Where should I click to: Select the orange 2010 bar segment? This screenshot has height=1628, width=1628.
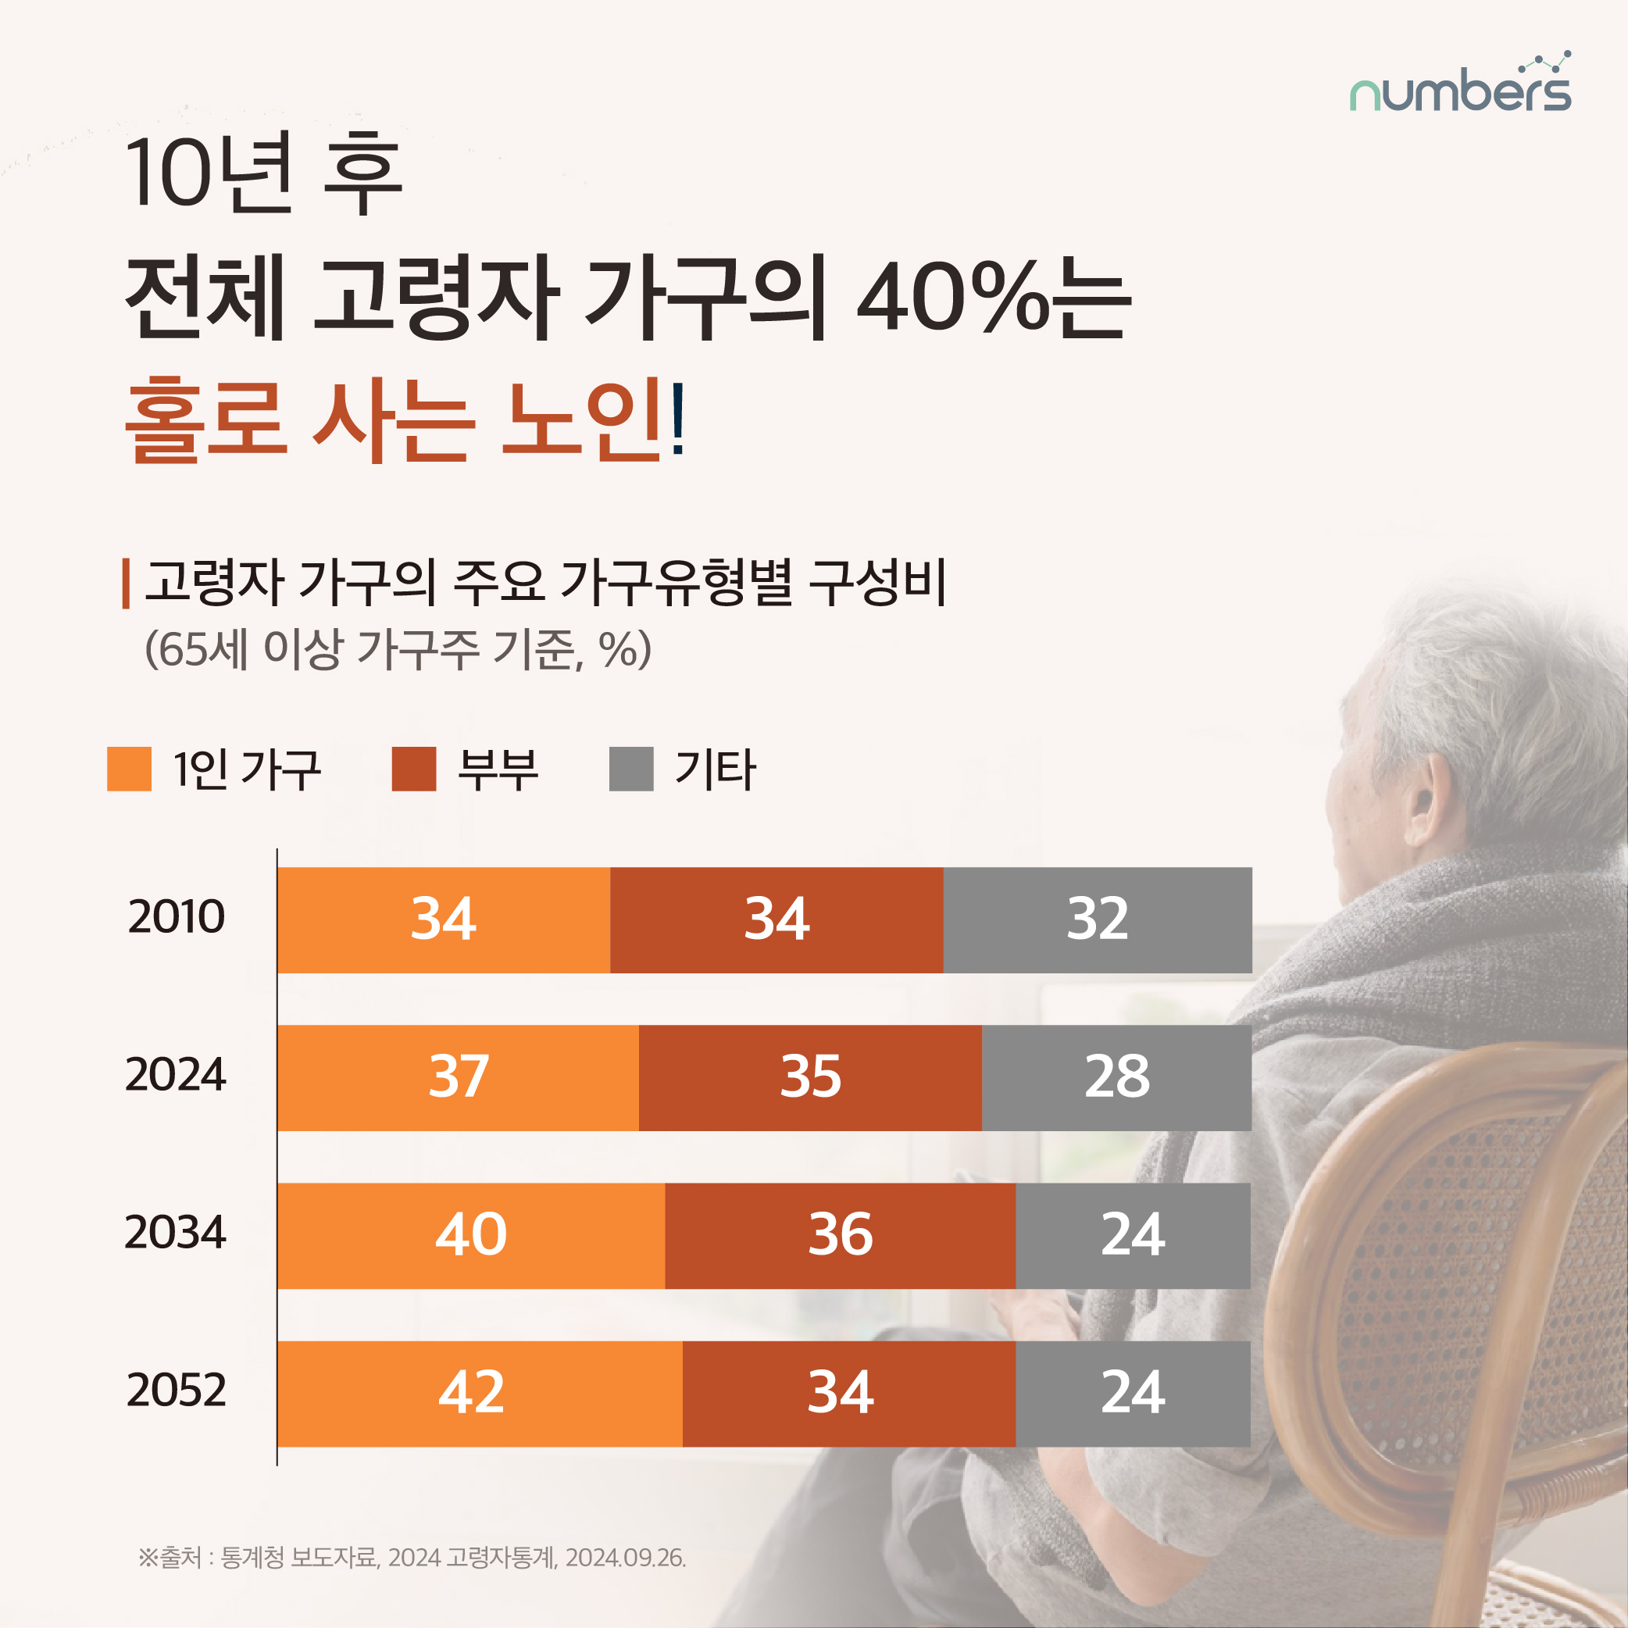(x=443, y=919)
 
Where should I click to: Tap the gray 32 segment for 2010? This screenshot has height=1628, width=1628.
(x=1097, y=919)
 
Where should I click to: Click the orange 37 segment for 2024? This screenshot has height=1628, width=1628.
(x=458, y=1077)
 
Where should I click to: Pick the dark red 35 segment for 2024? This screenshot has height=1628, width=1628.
(x=810, y=1077)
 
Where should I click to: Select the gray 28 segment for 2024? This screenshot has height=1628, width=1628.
(x=1116, y=1077)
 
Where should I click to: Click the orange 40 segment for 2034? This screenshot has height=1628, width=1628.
(x=470, y=1235)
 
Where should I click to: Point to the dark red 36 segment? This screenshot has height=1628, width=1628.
(x=840, y=1235)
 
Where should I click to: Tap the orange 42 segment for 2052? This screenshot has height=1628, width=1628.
(x=480, y=1393)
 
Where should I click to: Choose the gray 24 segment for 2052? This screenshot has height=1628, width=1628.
(x=1133, y=1393)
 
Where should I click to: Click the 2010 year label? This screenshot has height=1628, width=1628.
(x=176, y=917)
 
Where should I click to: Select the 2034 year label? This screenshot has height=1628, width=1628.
(x=175, y=1232)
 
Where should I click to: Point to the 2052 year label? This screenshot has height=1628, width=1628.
(x=176, y=1391)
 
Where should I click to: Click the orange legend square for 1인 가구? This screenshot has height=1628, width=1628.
(x=129, y=769)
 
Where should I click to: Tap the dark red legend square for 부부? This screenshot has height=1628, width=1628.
(x=414, y=769)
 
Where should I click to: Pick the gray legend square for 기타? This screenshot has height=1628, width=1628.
(x=631, y=769)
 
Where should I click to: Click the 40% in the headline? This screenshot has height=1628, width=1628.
(x=952, y=299)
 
